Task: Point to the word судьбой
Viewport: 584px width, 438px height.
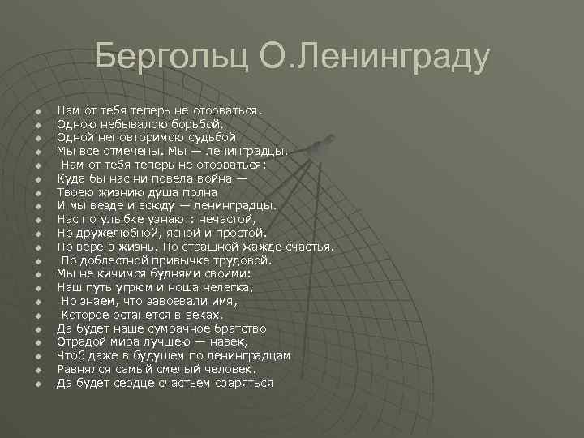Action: click(x=208, y=137)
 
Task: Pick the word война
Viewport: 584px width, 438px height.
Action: click(x=219, y=178)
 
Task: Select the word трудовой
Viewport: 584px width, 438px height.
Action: click(x=243, y=260)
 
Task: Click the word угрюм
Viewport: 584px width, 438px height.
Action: click(x=137, y=287)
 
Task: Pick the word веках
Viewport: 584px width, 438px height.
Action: click(x=203, y=315)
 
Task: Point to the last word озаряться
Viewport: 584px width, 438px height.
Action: click(x=242, y=383)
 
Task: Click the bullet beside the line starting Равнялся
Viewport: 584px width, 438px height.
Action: click(x=38, y=370)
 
